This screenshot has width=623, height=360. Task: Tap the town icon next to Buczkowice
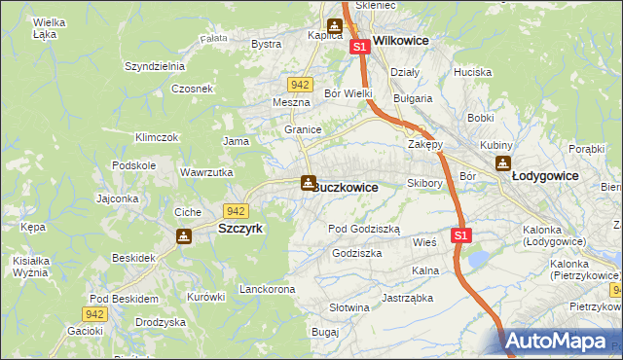pyautogui.click(x=308, y=182)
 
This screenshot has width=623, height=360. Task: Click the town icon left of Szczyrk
pyautogui.click(x=184, y=235)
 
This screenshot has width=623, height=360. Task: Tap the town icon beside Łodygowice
pyautogui.click(x=502, y=163)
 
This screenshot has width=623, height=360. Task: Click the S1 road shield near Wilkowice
pyautogui.click(x=359, y=47)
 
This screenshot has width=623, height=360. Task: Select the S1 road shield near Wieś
pyautogui.click(x=461, y=235)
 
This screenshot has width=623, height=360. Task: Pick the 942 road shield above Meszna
pyautogui.click(x=300, y=85)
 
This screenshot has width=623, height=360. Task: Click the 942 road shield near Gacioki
pyautogui.click(x=93, y=313)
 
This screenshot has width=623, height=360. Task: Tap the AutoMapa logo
pyautogui.click(x=561, y=342)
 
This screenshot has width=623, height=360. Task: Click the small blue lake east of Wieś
pyautogui.click(x=480, y=259)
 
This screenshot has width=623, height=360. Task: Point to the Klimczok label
pyautogui.click(x=157, y=137)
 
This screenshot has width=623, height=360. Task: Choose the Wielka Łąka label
pyautogui.click(x=49, y=27)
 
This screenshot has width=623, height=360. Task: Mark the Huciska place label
pyautogui.click(x=472, y=72)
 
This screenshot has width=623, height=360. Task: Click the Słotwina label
pyautogui.click(x=349, y=307)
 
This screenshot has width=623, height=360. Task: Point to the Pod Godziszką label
pyautogui.click(x=364, y=228)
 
